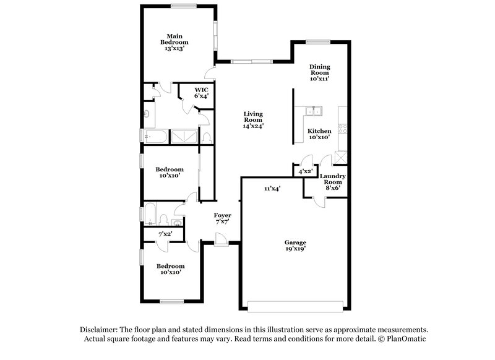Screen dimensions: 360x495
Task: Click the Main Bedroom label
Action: pos(174,41)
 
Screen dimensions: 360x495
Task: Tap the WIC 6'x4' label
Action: pos(201,93)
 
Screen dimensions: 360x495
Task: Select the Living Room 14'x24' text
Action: pos(254,119)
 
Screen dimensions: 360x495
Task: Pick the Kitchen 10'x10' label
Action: pos(319,134)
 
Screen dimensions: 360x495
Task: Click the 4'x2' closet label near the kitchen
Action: pos(305,171)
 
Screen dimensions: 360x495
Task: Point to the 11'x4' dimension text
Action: pos(272,189)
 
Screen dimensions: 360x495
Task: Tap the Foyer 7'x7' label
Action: pos(223,218)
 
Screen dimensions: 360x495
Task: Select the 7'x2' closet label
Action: pos(165,234)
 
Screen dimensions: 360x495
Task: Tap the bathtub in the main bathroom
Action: pos(154,137)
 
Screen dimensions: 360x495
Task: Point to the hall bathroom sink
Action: pos(178,223)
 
